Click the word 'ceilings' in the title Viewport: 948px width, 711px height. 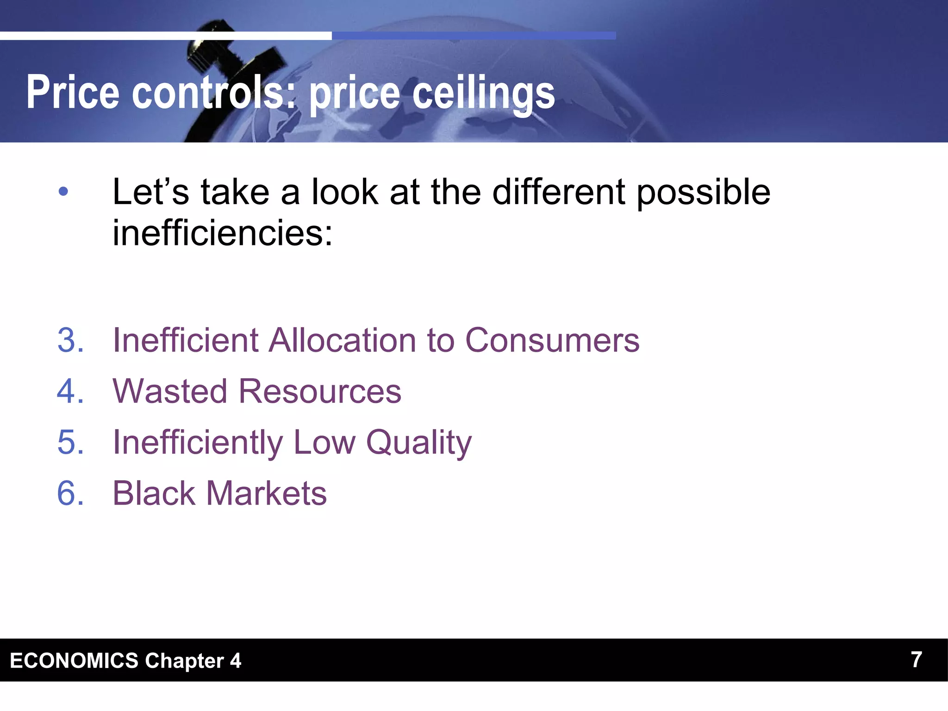[x=483, y=93]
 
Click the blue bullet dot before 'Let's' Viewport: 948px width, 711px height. [x=63, y=191]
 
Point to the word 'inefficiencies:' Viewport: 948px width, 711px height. [x=223, y=232]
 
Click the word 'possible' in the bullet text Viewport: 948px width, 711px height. [x=703, y=193]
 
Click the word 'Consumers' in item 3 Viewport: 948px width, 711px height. [x=552, y=340]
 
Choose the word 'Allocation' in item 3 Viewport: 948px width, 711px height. [x=343, y=340]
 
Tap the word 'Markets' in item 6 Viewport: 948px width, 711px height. [x=267, y=493]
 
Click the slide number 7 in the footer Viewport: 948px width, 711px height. [x=916, y=659]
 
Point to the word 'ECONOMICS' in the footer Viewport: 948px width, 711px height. [x=74, y=661]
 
